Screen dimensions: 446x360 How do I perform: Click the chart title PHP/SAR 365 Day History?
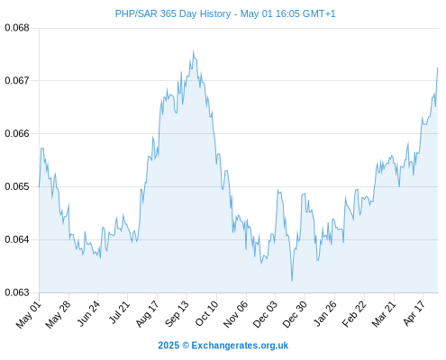click(173, 13)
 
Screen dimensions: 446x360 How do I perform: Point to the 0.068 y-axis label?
click(17, 28)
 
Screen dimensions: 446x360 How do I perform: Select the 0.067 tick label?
click(17, 80)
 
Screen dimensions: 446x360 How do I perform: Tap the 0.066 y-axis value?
click(17, 133)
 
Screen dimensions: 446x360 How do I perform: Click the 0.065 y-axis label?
click(17, 186)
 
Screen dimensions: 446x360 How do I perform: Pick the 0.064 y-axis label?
click(17, 239)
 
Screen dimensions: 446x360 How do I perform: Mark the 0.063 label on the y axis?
click(17, 292)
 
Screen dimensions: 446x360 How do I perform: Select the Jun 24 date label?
click(88, 313)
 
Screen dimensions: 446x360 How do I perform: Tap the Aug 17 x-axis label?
click(147, 314)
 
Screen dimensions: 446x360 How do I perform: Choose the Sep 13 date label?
click(177, 314)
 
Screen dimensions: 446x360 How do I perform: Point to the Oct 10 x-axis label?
click(207, 313)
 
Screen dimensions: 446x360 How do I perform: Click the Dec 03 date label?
click(265, 314)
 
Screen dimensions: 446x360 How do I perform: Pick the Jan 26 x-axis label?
click(324, 313)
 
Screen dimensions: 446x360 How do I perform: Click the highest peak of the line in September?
click(193, 51)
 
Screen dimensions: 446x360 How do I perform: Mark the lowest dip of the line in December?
click(292, 281)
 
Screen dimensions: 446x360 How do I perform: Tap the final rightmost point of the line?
click(438, 67)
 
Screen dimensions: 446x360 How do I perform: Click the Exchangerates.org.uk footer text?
click(240, 346)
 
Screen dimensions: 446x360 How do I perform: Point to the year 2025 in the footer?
click(168, 346)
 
